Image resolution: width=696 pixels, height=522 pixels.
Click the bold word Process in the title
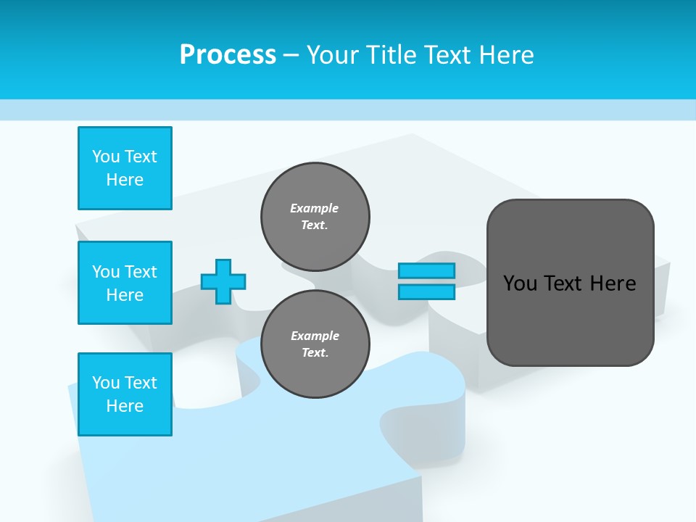click(228, 54)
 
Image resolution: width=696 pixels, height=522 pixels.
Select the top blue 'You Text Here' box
click(125, 168)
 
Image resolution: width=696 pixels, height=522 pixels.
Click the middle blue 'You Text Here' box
click(125, 283)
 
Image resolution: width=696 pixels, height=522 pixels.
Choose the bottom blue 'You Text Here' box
click(125, 394)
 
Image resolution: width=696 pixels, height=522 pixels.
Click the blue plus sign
click(223, 281)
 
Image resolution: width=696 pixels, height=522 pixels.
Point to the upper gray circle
click(315, 217)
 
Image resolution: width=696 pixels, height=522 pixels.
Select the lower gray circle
click(315, 344)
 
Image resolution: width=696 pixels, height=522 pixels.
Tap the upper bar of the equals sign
click(426, 271)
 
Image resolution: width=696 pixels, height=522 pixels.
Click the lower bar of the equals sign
click(426, 292)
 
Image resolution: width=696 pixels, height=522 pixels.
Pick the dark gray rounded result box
click(570, 283)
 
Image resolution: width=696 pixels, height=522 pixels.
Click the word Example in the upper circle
click(314, 208)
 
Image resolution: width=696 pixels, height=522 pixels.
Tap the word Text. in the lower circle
click(315, 353)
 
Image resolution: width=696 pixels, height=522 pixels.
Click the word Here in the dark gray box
click(613, 283)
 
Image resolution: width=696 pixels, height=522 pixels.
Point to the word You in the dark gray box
click(519, 283)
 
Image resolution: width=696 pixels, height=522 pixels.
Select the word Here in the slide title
click(505, 54)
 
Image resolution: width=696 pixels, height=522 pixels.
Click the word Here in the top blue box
click(125, 180)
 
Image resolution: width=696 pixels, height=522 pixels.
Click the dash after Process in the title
click(291, 55)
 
